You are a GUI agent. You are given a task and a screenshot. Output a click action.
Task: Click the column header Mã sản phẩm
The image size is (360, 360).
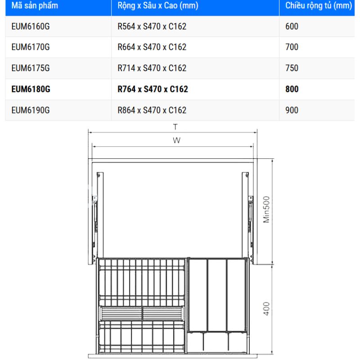tap(35, 5)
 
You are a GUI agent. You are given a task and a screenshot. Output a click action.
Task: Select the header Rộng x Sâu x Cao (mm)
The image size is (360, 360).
tap(158, 5)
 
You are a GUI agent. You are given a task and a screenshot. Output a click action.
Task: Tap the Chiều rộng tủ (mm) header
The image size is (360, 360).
tap(319, 5)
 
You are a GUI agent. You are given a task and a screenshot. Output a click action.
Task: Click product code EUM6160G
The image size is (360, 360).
tap(31, 27)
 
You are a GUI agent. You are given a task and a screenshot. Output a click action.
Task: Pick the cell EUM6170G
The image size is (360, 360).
tap(31, 47)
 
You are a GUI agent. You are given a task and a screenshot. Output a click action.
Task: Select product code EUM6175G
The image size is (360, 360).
tap(31, 68)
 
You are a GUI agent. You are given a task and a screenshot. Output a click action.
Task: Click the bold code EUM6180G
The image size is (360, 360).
tap(31, 89)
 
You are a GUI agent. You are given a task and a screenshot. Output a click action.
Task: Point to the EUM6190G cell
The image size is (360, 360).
tap(31, 110)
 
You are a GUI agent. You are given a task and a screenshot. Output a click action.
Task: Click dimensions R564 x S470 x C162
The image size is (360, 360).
tap(152, 27)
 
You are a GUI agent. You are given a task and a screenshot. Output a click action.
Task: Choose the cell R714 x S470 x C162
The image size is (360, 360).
tap(152, 68)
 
